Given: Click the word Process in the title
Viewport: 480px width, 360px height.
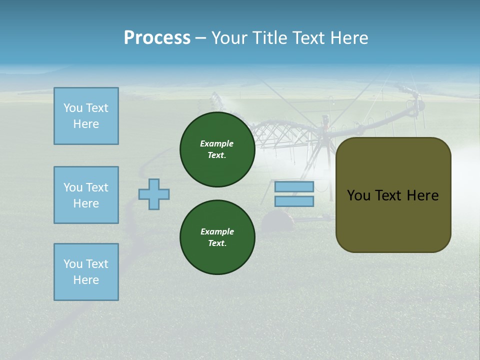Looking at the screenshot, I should pyautogui.click(x=157, y=38).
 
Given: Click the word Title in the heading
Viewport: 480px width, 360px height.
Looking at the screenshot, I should pyautogui.click(x=268, y=38).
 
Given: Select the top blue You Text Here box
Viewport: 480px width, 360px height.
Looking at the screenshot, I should pyautogui.click(x=86, y=116).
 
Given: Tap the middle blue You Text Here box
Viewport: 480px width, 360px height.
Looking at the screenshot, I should pyautogui.click(x=86, y=195).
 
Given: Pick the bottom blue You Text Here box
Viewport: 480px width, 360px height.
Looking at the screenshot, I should pyautogui.click(x=86, y=272).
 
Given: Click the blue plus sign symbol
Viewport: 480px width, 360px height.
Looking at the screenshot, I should pyautogui.click(x=154, y=194).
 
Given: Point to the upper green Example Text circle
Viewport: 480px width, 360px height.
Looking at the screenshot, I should pyautogui.click(x=217, y=149).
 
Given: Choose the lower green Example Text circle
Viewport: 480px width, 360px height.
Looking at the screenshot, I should pyautogui.click(x=217, y=237).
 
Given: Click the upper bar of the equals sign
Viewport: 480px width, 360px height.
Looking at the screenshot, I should pyautogui.click(x=294, y=187).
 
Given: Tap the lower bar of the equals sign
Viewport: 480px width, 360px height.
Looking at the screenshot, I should pyautogui.click(x=294, y=201).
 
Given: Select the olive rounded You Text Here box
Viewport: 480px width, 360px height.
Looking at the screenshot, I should pyautogui.click(x=393, y=195).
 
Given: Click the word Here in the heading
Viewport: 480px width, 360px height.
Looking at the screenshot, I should pyautogui.click(x=348, y=38).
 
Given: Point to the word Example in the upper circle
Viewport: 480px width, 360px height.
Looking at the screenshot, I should pyautogui.click(x=216, y=143).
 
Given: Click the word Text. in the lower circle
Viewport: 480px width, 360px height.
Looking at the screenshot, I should pyautogui.click(x=217, y=243).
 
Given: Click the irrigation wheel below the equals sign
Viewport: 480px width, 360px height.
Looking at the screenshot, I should pyautogui.click(x=275, y=220).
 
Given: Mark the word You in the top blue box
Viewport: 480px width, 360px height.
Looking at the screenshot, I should pyautogui.click(x=72, y=108).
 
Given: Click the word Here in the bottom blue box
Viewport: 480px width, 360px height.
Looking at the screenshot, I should pyautogui.click(x=86, y=280).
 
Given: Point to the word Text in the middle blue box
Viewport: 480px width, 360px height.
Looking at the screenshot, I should pyautogui.click(x=97, y=187).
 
